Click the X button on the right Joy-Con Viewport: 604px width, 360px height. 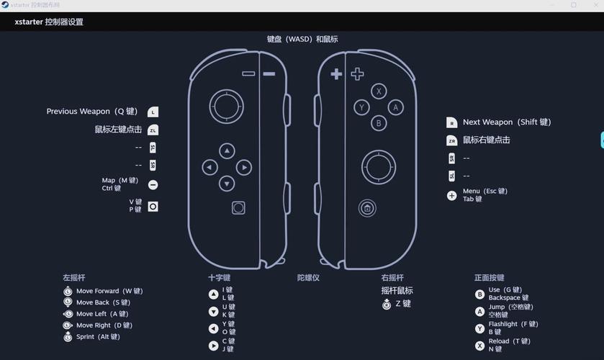[379, 91]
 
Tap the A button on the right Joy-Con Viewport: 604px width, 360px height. [395, 107]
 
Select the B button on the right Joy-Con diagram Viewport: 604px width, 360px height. [379, 123]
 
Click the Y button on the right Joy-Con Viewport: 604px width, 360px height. [362, 107]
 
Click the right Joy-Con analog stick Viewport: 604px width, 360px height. [378, 168]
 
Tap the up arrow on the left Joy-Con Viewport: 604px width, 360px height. [227, 150]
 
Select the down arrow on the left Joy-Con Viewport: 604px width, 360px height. [227, 184]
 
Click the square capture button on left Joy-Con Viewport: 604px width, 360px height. [238, 208]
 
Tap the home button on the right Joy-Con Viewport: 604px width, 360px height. [367, 208]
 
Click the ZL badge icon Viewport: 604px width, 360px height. [153, 130]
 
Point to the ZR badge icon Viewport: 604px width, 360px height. [451, 140]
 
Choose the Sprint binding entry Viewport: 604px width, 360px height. [98, 337]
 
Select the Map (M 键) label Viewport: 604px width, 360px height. [120, 181]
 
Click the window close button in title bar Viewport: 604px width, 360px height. [593, 5]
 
